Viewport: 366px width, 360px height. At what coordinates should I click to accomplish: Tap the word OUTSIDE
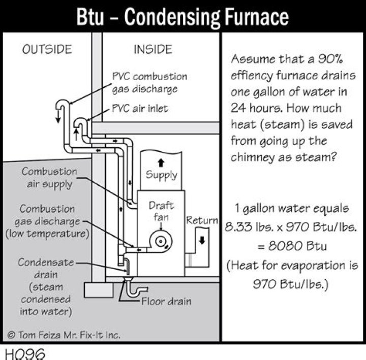tap(46, 49)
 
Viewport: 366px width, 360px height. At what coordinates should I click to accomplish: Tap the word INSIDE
tap(152, 49)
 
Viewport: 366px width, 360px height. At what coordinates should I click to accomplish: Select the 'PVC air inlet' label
tap(140, 108)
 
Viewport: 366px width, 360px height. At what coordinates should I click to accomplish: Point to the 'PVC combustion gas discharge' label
tap(149, 83)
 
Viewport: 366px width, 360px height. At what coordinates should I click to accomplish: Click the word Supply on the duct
tap(161, 175)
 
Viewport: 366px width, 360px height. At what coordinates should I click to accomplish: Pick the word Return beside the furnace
tap(202, 221)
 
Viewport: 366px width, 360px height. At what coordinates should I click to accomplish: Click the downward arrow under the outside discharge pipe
tap(58, 118)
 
